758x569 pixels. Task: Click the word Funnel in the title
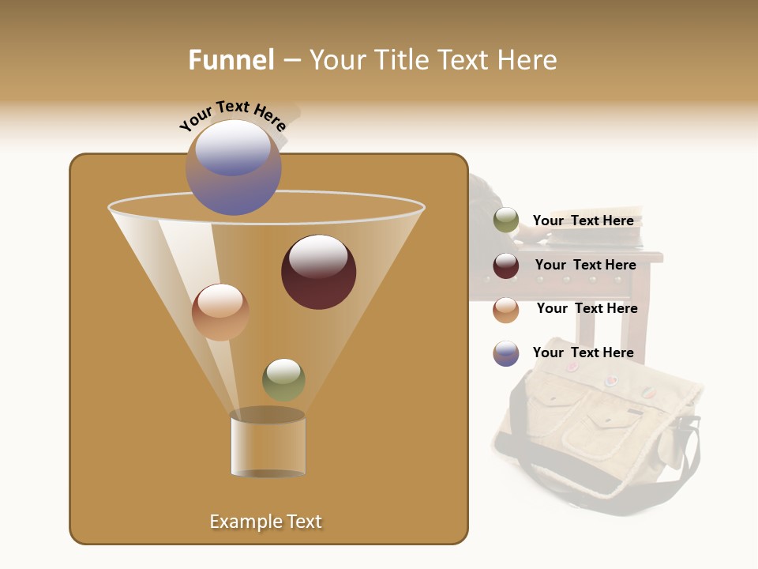231,60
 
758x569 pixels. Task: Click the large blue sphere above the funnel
234,167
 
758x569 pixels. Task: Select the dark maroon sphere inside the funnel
318,272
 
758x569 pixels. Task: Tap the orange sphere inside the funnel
220,312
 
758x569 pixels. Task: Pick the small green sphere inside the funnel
283,379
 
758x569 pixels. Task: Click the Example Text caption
266,522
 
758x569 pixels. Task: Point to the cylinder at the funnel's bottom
268,446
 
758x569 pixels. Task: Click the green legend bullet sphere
506,220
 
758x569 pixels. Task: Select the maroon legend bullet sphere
506,266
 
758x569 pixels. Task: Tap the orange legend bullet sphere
506,310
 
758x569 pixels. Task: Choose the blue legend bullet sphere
506,353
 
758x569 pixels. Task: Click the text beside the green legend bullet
583,220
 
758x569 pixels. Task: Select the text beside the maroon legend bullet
585,265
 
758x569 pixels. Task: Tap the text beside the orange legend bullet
587,308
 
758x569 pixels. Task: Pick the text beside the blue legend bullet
583,352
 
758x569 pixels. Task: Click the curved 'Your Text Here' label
232,115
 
